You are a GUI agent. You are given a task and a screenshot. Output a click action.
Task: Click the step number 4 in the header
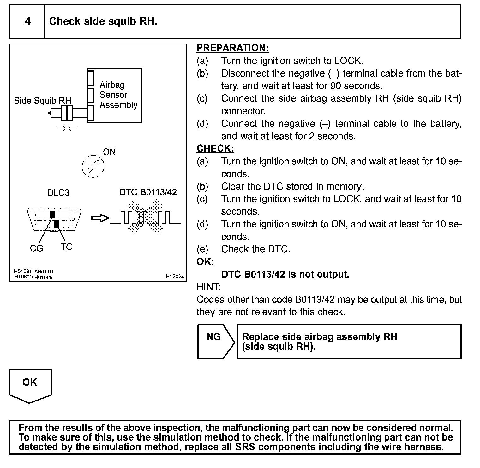coord(28,21)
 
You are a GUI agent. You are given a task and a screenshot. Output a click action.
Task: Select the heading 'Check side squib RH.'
coord(103,21)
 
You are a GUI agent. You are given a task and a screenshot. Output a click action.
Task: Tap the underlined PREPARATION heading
coord(232,48)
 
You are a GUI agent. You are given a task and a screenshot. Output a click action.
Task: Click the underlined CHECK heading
coord(215,149)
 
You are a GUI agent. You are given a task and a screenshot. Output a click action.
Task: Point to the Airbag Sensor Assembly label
coord(118,95)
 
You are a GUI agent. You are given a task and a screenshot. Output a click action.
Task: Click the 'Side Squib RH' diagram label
coord(43,101)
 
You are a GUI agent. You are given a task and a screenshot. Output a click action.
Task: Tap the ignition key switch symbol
coord(93,166)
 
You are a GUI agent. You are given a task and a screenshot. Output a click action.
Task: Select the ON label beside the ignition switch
coord(109,152)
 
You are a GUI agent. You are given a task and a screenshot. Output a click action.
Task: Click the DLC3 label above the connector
coord(58,193)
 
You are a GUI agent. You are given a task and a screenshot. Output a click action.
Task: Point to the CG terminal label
coord(36,249)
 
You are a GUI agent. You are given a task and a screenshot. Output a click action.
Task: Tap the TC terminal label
coord(66,247)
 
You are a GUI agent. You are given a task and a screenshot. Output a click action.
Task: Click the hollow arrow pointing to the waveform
coord(100,218)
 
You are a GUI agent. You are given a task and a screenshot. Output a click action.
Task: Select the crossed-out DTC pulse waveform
coord(146,218)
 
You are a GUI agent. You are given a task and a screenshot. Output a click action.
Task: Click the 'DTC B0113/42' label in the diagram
coord(148,192)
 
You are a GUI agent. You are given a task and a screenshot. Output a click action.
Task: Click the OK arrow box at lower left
coord(30,385)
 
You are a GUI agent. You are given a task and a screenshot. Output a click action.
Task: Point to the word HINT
coord(208,287)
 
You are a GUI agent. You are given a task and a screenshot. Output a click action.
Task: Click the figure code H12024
coord(175,277)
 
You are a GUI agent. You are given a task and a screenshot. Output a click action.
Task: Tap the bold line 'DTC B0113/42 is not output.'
coord(285,274)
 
